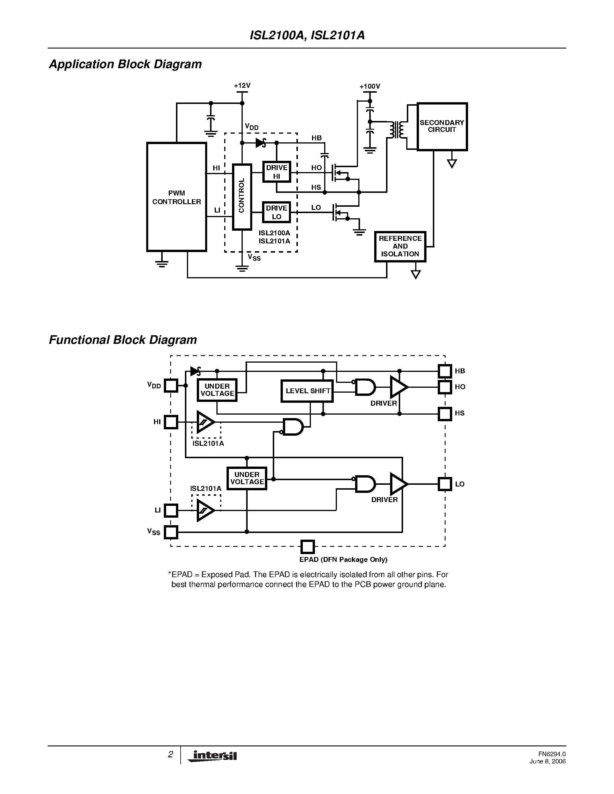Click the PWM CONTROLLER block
pyautogui.click(x=177, y=197)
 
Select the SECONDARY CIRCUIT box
pyautogui.click(x=442, y=126)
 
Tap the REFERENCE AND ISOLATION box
pyautogui.click(x=400, y=247)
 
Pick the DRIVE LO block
pyautogui.click(x=277, y=212)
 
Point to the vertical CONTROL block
pyautogui.click(x=242, y=197)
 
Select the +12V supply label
pyautogui.click(x=242, y=86)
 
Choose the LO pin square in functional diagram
pyautogui.click(x=444, y=484)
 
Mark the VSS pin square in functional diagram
pyautogui.click(x=171, y=532)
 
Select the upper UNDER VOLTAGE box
pyautogui.click(x=217, y=390)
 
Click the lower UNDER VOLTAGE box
pyautogui.click(x=247, y=478)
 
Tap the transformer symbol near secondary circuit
pyautogui.click(x=396, y=130)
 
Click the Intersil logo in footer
pyautogui.click(x=213, y=756)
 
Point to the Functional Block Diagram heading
pyautogui.click(x=123, y=340)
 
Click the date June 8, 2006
pyautogui.click(x=548, y=762)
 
